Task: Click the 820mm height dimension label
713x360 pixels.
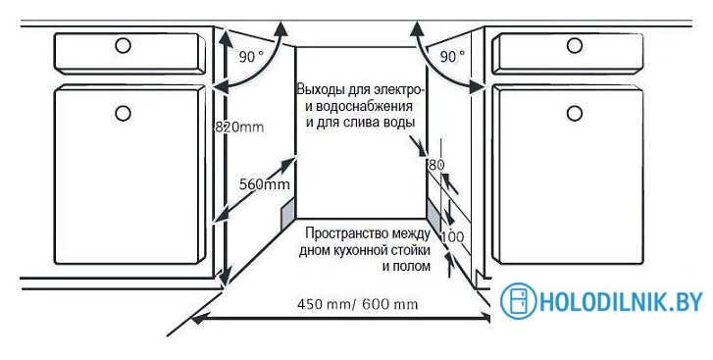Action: coord(239,127)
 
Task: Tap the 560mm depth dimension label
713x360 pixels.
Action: coord(264,183)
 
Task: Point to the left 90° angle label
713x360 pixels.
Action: coord(251,57)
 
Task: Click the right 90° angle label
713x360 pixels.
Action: coord(452,57)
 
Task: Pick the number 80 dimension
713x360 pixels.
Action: coord(436,165)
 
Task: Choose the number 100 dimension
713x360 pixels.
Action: coord(452,236)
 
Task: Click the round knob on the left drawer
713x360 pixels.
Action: coord(124,45)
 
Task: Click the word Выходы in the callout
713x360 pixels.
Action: coord(324,89)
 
